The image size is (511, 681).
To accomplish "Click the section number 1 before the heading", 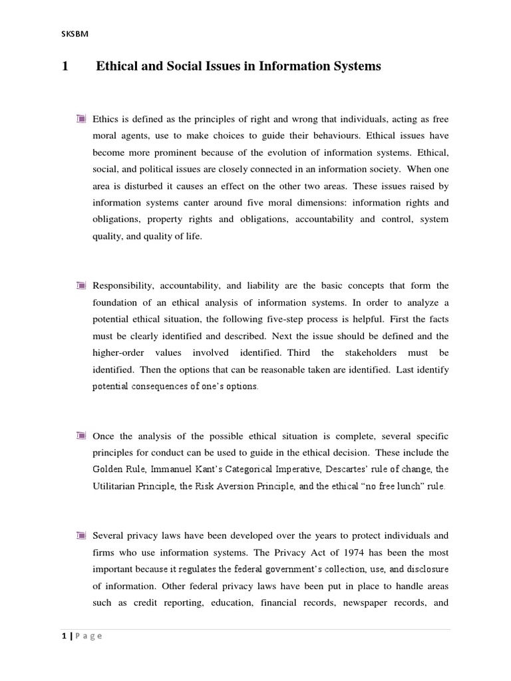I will point(65,67).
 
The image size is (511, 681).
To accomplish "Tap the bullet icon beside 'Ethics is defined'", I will point(81,119).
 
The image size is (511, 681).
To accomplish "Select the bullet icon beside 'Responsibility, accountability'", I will point(81,285).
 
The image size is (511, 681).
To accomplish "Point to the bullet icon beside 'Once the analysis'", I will point(81,436).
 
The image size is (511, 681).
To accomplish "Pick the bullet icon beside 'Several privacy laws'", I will point(81,535).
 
